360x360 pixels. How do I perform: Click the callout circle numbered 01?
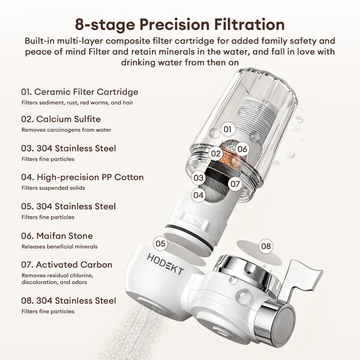[227, 129]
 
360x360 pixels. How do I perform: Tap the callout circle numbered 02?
[216, 154]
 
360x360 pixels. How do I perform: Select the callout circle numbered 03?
[199, 178]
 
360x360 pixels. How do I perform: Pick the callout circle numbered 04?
[198, 195]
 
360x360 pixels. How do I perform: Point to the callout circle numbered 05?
[160, 244]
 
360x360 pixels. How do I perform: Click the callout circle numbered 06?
[242, 149]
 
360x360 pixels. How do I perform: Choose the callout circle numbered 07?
[235, 184]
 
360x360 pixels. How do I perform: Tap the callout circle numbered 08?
[266, 246]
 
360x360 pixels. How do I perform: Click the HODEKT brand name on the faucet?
[165, 264]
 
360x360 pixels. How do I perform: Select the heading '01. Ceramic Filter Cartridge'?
[80, 92]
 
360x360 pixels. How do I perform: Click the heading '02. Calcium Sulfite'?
[61, 119]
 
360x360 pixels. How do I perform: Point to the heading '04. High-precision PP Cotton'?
[82, 177]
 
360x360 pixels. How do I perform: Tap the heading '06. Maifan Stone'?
[57, 236]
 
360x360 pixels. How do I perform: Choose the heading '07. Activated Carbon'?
[67, 265]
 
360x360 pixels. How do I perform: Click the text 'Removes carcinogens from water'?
[66, 130]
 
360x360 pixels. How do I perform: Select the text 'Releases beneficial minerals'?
[59, 246]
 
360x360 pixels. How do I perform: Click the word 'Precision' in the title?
[174, 24]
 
